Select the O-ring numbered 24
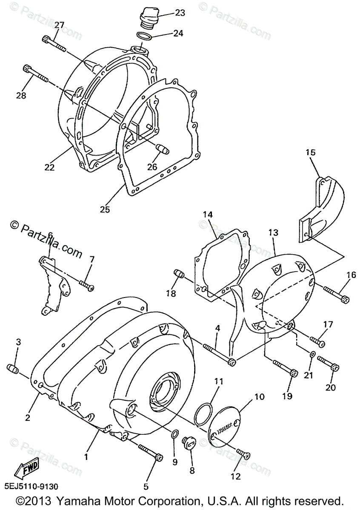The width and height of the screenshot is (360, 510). (145, 37)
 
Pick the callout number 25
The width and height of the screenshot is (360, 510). (105, 209)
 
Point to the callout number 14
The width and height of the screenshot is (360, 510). (207, 215)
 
